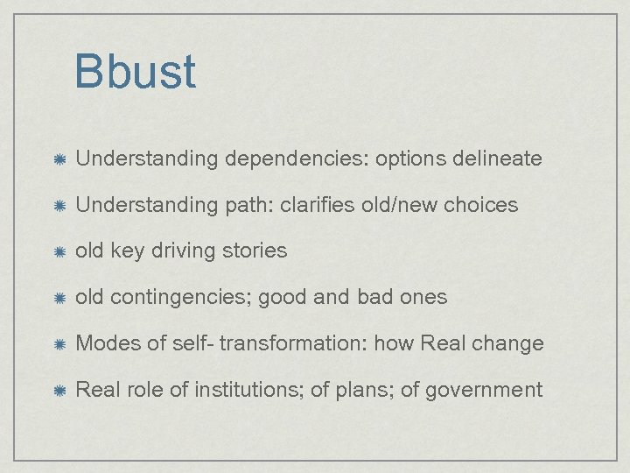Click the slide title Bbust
pyautogui.click(x=135, y=72)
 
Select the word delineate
pyautogui.click(x=498, y=159)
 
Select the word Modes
pyautogui.click(x=107, y=342)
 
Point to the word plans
pyautogui.click(x=362, y=389)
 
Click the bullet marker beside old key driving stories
pyautogui.click(x=56, y=251)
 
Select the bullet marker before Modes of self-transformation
pyautogui.click(x=56, y=343)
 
